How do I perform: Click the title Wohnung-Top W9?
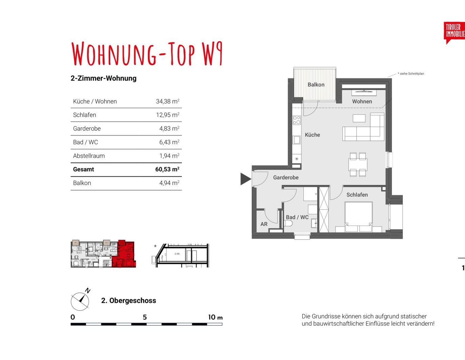point(147,54)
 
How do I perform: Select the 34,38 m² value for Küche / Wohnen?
point(167,101)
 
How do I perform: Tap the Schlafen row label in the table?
point(85,115)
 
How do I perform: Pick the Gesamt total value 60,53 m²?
point(167,169)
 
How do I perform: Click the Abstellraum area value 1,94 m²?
point(169,156)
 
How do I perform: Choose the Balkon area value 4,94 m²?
point(169,183)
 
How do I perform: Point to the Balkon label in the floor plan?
point(316,85)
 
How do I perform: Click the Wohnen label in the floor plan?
point(362,101)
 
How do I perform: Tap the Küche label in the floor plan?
point(312,135)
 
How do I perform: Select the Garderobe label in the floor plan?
point(286,177)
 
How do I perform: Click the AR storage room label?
point(264,224)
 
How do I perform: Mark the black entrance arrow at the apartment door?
point(245,179)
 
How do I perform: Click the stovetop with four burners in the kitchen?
point(297,120)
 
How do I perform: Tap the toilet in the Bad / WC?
point(288,223)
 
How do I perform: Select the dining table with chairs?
point(358,165)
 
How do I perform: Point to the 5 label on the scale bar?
point(145,317)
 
